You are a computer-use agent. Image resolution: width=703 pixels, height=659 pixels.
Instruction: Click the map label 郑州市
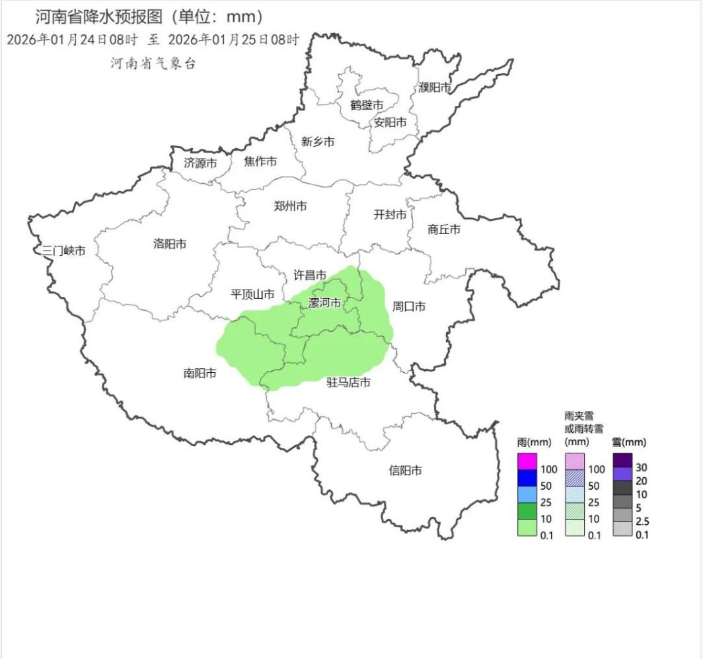[x=290, y=206]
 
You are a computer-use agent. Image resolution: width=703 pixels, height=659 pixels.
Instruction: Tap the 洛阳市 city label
[x=170, y=244]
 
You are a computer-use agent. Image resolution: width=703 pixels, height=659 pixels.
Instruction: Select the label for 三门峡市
[x=64, y=251]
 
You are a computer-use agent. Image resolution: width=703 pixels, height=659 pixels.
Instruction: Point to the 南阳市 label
[x=200, y=373]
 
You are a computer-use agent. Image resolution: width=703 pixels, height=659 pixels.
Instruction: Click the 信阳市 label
[x=405, y=471]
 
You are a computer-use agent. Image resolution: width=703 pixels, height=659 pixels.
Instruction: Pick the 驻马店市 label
[x=348, y=382]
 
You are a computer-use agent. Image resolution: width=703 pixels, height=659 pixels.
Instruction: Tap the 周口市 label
[x=409, y=307]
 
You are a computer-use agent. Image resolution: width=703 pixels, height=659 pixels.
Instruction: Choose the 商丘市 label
[x=444, y=229]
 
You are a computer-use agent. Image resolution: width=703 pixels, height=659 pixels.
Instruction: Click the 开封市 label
[x=390, y=214]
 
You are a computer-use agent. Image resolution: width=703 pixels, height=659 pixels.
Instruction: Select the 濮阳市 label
[x=435, y=87]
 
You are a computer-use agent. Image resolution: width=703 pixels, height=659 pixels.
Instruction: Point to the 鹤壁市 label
[x=367, y=105]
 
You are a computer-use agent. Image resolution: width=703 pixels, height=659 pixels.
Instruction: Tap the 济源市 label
[x=200, y=162]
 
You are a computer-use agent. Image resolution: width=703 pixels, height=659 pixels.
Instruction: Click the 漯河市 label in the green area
[x=325, y=303]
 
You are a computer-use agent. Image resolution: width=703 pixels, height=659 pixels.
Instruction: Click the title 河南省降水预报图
[x=98, y=17]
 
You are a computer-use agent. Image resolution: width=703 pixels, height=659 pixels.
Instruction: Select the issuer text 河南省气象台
[x=153, y=63]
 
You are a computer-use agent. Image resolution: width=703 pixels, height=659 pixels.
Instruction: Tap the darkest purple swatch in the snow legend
[x=622, y=459]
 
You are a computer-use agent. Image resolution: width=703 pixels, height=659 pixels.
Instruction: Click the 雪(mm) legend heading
[x=628, y=442]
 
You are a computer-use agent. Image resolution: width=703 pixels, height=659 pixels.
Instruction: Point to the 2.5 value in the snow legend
[x=641, y=522]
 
